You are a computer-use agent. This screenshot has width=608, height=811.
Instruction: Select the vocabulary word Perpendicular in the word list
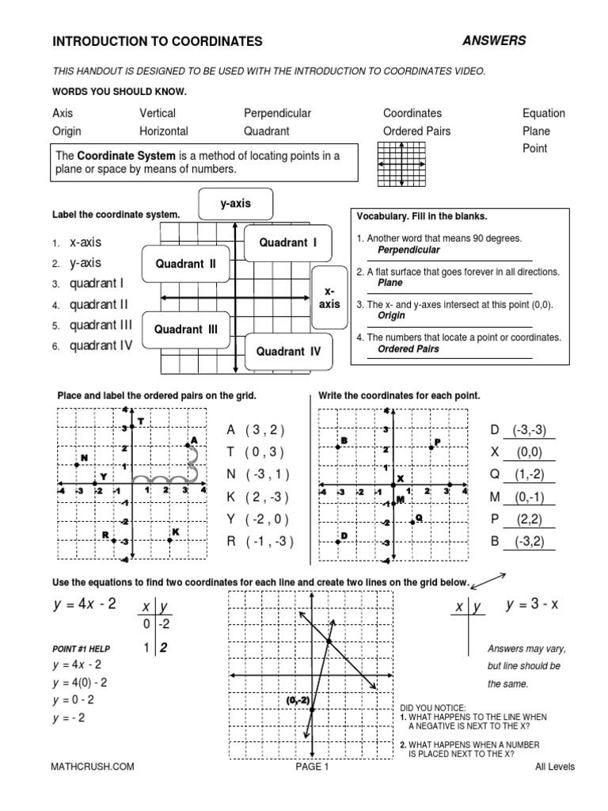[277, 113]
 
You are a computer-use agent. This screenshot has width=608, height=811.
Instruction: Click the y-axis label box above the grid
[235, 204]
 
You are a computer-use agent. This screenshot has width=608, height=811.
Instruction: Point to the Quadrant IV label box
[288, 352]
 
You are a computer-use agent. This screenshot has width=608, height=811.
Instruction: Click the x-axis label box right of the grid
[330, 298]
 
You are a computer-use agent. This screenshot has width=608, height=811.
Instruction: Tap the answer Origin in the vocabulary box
[391, 314]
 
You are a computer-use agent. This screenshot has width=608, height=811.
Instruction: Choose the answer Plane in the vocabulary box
[389, 282]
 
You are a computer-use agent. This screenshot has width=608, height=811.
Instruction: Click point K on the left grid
[169, 539]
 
